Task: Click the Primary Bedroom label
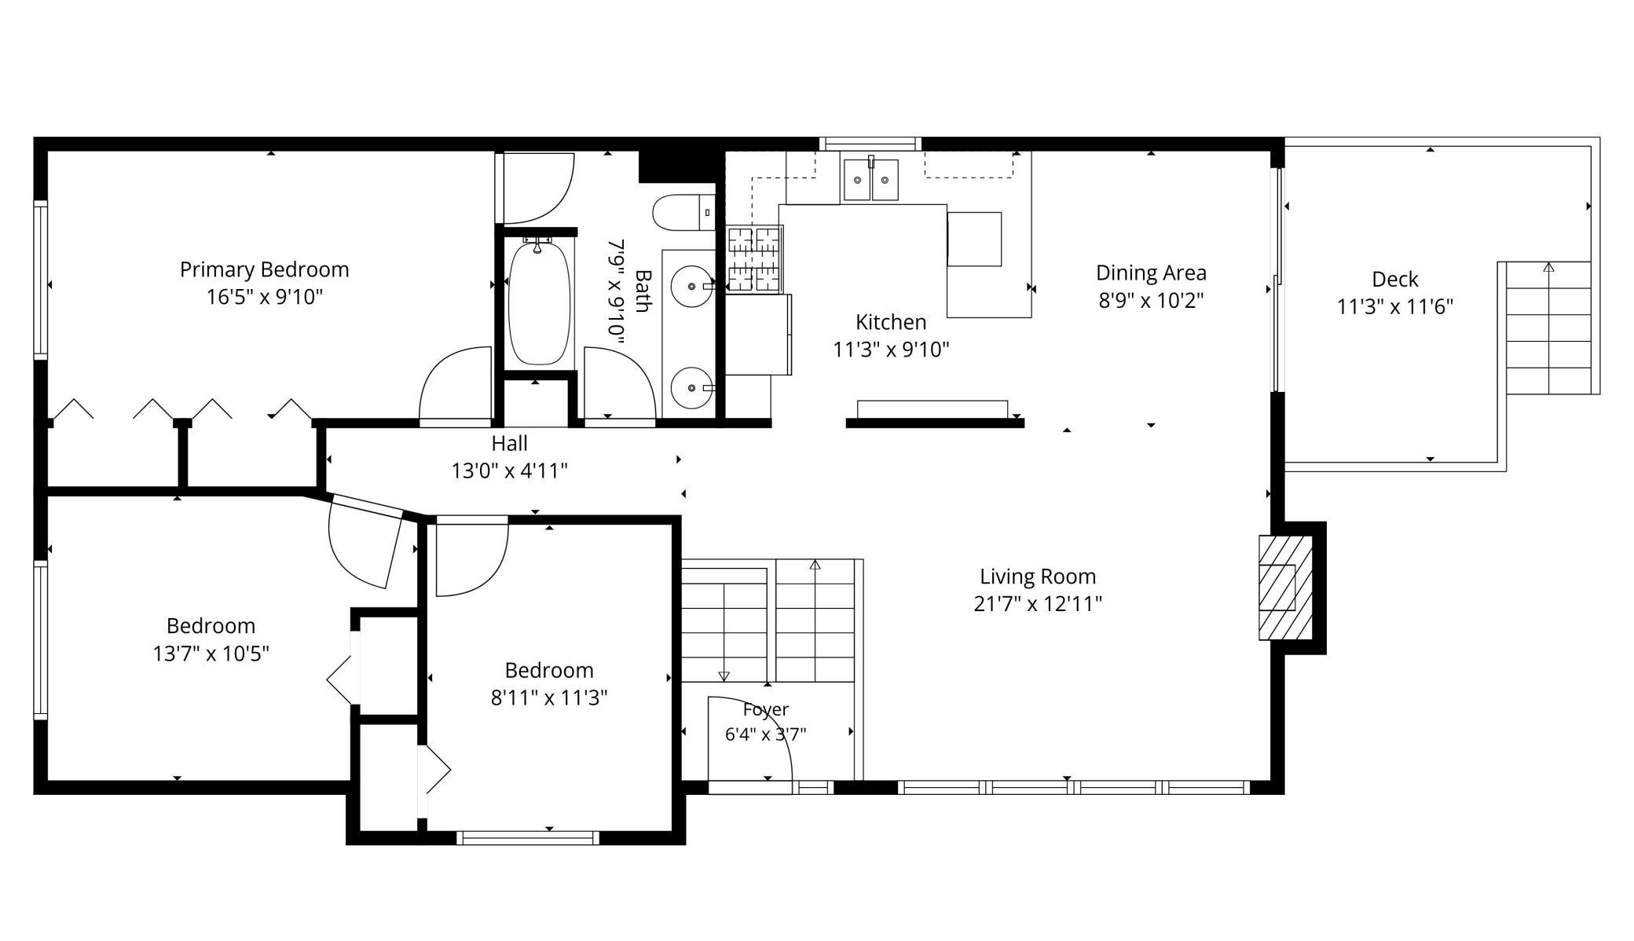264,269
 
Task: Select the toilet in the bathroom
683,212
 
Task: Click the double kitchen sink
870,180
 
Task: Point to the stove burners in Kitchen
754,259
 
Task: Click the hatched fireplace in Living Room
1285,588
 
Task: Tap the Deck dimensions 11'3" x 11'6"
1395,306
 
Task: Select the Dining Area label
1151,273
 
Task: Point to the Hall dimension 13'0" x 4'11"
509,470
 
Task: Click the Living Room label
1038,576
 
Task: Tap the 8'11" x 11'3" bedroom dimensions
549,698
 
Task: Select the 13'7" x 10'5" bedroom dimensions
211,653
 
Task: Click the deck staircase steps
1548,328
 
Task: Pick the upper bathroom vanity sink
692,287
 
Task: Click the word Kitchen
891,322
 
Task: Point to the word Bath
643,291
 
